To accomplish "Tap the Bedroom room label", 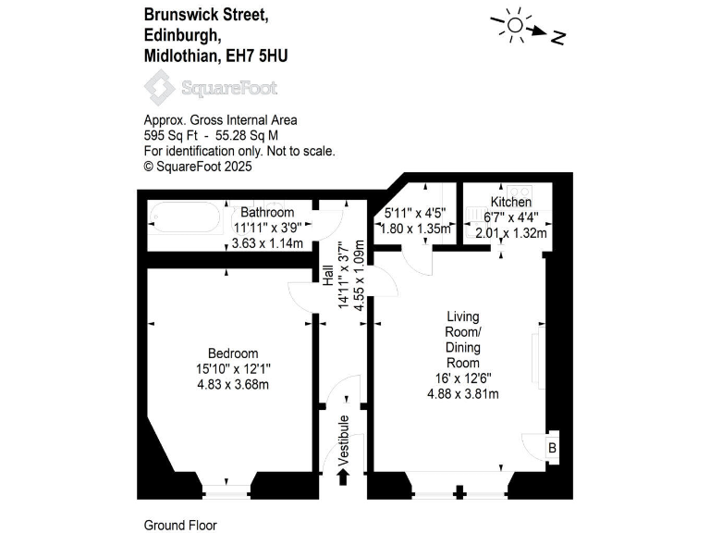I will (x=233, y=353).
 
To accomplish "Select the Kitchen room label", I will (x=511, y=203).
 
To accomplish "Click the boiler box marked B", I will (x=553, y=448).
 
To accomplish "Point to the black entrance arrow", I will (x=344, y=477).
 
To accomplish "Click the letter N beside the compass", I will (x=557, y=38).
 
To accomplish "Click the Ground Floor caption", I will (x=180, y=525).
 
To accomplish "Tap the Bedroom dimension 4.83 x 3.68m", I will (x=233, y=385).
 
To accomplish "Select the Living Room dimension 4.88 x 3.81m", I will (x=462, y=394).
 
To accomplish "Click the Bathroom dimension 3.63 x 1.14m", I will (x=267, y=244).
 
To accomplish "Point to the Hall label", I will (x=328, y=276).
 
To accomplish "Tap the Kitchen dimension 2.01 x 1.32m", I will (x=511, y=232).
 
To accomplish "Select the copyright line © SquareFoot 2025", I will (x=198, y=167).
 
